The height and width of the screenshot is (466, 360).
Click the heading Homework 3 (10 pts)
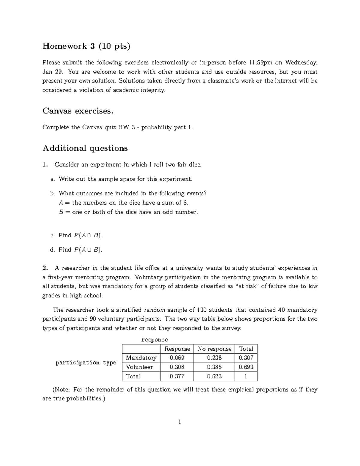[86, 47]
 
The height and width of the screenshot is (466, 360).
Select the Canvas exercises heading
[78, 111]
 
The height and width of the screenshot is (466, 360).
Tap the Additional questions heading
[85, 148]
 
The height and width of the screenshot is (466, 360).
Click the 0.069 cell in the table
[177, 358]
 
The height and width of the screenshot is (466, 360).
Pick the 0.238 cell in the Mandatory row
[214, 358]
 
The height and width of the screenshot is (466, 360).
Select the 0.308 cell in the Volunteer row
[177, 367]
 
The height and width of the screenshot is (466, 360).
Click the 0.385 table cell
[214, 367]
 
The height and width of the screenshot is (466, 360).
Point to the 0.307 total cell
[246, 358]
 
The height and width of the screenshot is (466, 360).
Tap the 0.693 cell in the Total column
[246, 367]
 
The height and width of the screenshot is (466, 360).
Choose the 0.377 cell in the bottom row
[177, 376]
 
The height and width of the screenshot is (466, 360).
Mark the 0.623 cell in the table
[214, 376]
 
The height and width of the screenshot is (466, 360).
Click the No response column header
[214, 349]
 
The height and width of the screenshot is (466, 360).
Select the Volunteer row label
[139, 367]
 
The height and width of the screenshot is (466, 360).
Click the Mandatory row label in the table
[141, 358]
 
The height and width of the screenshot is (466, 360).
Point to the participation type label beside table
[86, 362]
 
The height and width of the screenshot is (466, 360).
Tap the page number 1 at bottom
[180, 422]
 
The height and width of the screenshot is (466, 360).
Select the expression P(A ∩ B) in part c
[88, 236]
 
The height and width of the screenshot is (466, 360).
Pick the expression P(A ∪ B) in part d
[88, 250]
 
